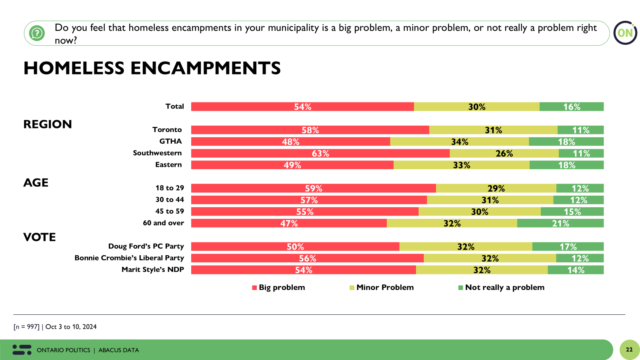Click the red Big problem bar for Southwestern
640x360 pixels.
tap(320, 153)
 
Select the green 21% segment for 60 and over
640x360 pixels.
tap(560, 223)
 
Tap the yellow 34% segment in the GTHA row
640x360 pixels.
tap(459, 142)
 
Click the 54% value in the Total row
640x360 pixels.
tap(302, 107)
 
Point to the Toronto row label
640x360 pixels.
tap(167, 130)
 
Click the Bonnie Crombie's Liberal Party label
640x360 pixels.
tap(129, 258)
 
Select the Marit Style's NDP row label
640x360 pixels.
tap(152, 270)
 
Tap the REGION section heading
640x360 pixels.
tap(48, 124)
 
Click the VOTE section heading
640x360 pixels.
tap(40, 237)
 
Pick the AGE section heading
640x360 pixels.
tap(36, 183)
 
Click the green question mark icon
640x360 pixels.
tap(37, 33)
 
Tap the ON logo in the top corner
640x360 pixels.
tap(625, 33)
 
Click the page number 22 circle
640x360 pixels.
tap(629, 350)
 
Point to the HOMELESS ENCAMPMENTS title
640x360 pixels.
tap(152, 68)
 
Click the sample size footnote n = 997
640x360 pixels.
tap(26, 327)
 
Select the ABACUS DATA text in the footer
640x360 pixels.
tap(118, 350)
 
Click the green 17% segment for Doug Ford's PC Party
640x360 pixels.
tap(568, 247)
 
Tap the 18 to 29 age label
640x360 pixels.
tap(170, 188)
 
